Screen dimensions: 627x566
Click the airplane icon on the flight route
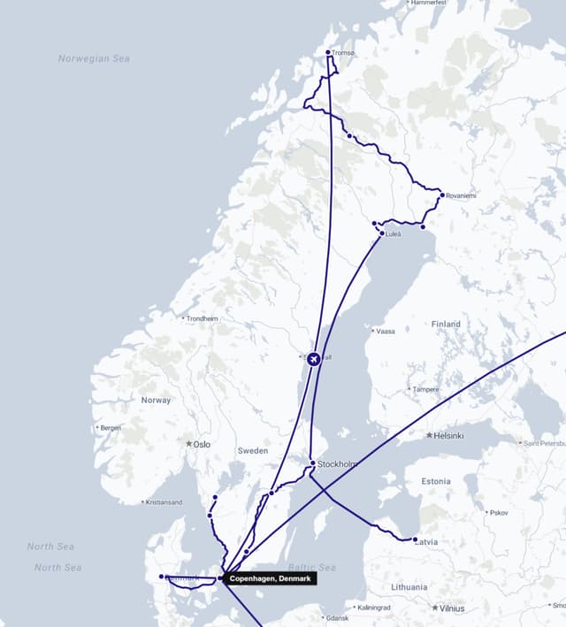(x=313, y=358)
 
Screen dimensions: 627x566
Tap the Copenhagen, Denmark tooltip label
(x=270, y=578)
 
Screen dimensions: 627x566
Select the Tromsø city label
(x=342, y=53)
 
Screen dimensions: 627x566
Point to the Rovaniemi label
(x=461, y=195)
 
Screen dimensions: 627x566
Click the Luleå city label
(x=394, y=233)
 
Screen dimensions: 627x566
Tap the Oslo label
(x=202, y=444)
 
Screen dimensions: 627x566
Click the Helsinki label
(x=448, y=435)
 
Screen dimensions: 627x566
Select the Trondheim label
(x=203, y=318)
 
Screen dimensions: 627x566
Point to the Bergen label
(x=111, y=428)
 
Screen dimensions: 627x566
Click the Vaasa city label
(x=386, y=332)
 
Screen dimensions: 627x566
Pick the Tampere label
(x=425, y=389)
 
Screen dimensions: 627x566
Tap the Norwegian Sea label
(x=94, y=58)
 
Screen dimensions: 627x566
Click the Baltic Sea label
(x=311, y=567)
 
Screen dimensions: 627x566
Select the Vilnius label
(x=452, y=608)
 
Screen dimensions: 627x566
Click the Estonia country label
(x=436, y=481)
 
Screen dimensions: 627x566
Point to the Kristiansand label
(x=164, y=502)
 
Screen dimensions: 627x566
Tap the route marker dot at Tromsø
(x=328, y=52)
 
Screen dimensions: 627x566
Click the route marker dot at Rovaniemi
(x=442, y=195)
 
